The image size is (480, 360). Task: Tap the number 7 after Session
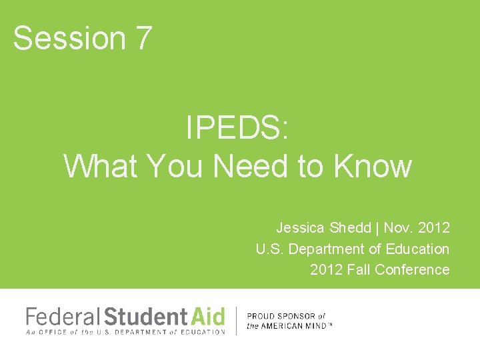(x=143, y=38)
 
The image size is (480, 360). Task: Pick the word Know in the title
(x=373, y=165)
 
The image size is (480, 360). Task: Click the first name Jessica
(x=301, y=228)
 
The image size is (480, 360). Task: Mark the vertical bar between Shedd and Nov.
(x=378, y=228)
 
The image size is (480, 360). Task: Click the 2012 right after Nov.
(x=434, y=228)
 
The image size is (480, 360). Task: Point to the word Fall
(x=359, y=269)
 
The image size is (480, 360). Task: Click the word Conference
(x=412, y=269)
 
